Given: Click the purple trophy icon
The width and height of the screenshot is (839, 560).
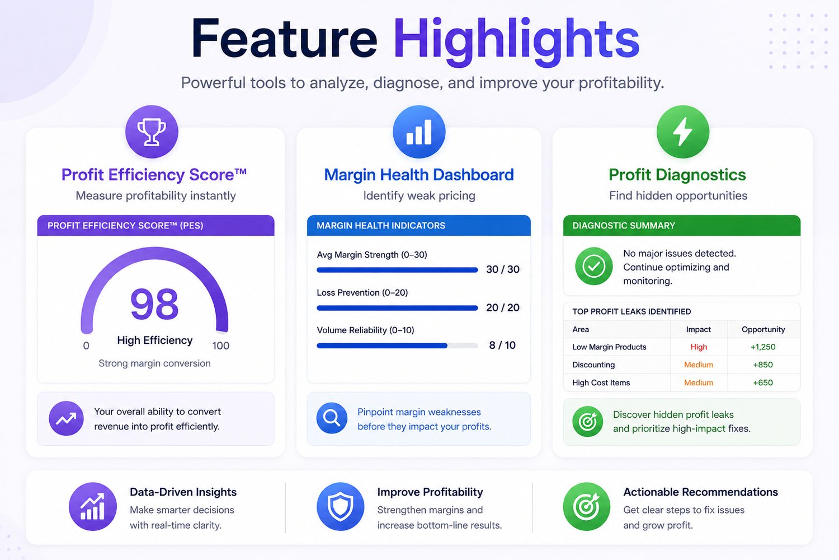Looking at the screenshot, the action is pyautogui.click(x=152, y=132).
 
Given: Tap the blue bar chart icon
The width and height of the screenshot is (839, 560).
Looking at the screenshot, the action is pyautogui.click(x=419, y=132).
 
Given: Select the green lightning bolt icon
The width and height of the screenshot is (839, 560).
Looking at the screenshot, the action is pyautogui.click(x=682, y=132).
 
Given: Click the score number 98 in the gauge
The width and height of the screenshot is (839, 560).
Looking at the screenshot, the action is pyautogui.click(x=154, y=304).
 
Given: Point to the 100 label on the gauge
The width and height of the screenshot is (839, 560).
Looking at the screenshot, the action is pyautogui.click(x=220, y=346).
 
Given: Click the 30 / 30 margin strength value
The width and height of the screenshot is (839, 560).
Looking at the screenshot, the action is pyautogui.click(x=503, y=269).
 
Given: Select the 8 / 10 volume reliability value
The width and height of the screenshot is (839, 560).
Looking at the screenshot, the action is pyautogui.click(x=502, y=345).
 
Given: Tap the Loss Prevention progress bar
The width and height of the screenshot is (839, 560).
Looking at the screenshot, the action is pyautogui.click(x=397, y=308).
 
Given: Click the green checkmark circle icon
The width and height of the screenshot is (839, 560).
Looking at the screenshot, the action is pyautogui.click(x=593, y=267).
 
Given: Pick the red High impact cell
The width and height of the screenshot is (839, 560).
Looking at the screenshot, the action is pyautogui.click(x=699, y=347).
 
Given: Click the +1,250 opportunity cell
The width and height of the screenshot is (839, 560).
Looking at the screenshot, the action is pyautogui.click(x=763, y=347).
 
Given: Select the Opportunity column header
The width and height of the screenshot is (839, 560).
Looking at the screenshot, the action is pyautogui.click(x=763, y=329).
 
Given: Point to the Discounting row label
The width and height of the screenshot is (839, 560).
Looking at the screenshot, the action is pyautogui.click(x=593, y=365).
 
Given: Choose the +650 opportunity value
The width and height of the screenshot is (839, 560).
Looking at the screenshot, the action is pyautogui.click(x=763, y=382).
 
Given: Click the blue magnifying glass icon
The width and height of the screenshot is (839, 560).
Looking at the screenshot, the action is pyautogui.click(x=332, y=418).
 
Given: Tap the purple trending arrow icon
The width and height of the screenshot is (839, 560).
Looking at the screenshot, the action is pyautogui.click(x=67, y=418).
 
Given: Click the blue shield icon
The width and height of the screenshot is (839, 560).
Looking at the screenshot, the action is pyautogui.click(x=340, y=506).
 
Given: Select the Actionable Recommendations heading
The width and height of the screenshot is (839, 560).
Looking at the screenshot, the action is pyautogui.click(x=700, y=492).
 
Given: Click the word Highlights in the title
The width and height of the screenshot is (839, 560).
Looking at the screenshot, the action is pyautogui.click(x=516, y=40).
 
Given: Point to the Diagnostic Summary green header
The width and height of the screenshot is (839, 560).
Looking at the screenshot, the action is pyautogui.click(x=682, y=226).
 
